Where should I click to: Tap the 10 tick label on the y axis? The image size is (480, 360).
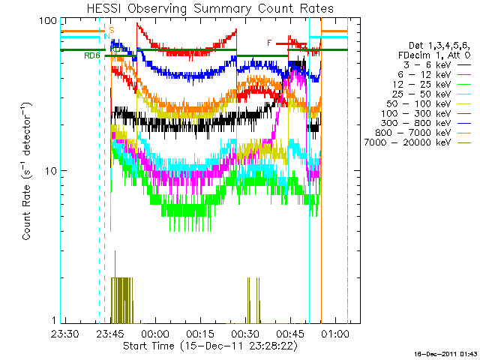50,171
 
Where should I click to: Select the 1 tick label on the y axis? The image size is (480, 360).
53,321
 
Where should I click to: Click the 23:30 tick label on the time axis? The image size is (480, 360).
65,333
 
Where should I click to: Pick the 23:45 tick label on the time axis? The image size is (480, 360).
109,333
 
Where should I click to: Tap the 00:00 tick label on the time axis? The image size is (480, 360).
154,333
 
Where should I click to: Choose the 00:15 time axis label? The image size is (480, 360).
199,333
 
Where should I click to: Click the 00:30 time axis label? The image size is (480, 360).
244,333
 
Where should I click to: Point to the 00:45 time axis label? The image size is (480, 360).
289,333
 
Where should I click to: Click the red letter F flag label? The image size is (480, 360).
269,43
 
